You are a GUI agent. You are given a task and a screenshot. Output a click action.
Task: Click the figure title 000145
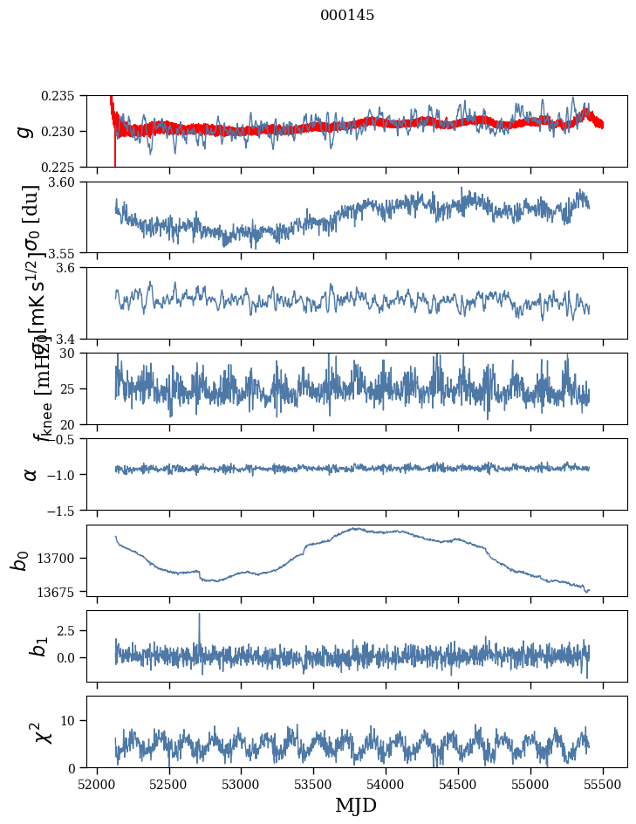[347, 15]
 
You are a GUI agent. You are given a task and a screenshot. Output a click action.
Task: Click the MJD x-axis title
[356, 806]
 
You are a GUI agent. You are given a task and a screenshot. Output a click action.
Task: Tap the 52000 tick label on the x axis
[97, 784]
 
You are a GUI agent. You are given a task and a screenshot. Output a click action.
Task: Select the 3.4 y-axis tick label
[69, 339]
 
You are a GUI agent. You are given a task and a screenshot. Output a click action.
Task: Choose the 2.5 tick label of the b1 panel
[69, 629]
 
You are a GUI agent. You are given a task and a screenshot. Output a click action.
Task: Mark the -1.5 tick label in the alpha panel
[65, 510]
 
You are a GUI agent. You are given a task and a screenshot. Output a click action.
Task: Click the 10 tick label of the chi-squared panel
[72, 720]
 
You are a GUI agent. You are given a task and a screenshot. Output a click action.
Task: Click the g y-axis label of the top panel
[25, 131]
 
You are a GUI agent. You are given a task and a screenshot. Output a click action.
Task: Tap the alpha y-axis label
[31, 474]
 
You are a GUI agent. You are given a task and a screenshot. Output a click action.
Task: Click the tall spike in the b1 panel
[199, 615]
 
